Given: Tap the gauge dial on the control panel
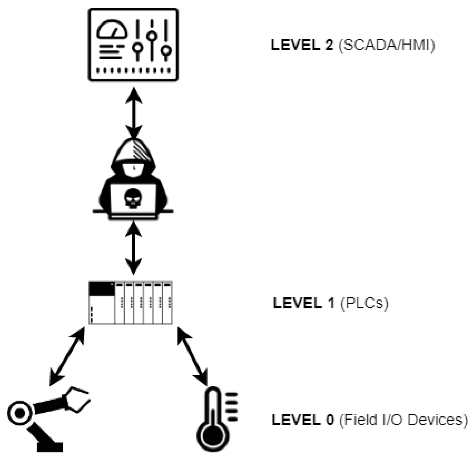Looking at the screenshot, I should coord(112,30).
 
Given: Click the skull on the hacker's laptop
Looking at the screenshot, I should coord(133,198).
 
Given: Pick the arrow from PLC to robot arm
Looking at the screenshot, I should coord(67,356).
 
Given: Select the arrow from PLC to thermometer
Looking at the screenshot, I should coord(192,356).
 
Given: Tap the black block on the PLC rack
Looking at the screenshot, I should coord(102,288).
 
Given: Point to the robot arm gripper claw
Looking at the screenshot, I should coord(77,400).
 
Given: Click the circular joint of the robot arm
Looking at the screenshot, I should coord(20,413).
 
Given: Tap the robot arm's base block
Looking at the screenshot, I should coord(50,447).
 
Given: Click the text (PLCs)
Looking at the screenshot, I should coord(364,303).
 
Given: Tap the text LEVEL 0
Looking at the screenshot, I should coord(303,420).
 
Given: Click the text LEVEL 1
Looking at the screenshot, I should coord(304,303).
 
